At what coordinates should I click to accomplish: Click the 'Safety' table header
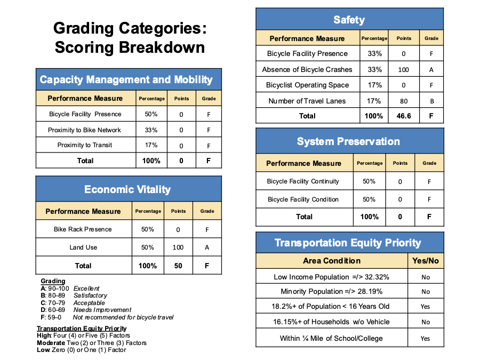tap(349, 20)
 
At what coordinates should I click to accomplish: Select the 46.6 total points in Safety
tap(404, 116)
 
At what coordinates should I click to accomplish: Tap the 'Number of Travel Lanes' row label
tap(307, 101)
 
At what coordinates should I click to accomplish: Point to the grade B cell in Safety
tap(431, 101)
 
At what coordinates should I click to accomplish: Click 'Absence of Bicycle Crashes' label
tap(307, 69)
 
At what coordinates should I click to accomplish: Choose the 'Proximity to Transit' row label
tap(85, 145)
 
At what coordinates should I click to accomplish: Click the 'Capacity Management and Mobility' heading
tap(126, 80)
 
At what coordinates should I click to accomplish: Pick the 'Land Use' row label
tap(83, 247)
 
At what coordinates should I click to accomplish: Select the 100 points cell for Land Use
tap(178, 247)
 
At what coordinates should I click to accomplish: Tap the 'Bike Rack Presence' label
tap(83, 229)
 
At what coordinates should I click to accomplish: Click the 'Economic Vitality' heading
tap(127, 189)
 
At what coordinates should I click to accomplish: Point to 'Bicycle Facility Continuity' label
tap(303, 181)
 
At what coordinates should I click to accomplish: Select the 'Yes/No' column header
tap(426, 261)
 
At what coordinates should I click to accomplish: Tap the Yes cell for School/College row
tap(425, 339)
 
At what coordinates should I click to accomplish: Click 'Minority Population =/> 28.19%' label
tap(331, 292)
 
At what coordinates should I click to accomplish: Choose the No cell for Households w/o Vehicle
tap(425, 322)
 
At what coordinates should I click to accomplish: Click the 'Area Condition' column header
tap(332, 261)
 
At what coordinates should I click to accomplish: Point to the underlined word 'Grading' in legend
tap(53, 281)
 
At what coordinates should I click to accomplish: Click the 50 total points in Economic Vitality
tap(178, 266)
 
